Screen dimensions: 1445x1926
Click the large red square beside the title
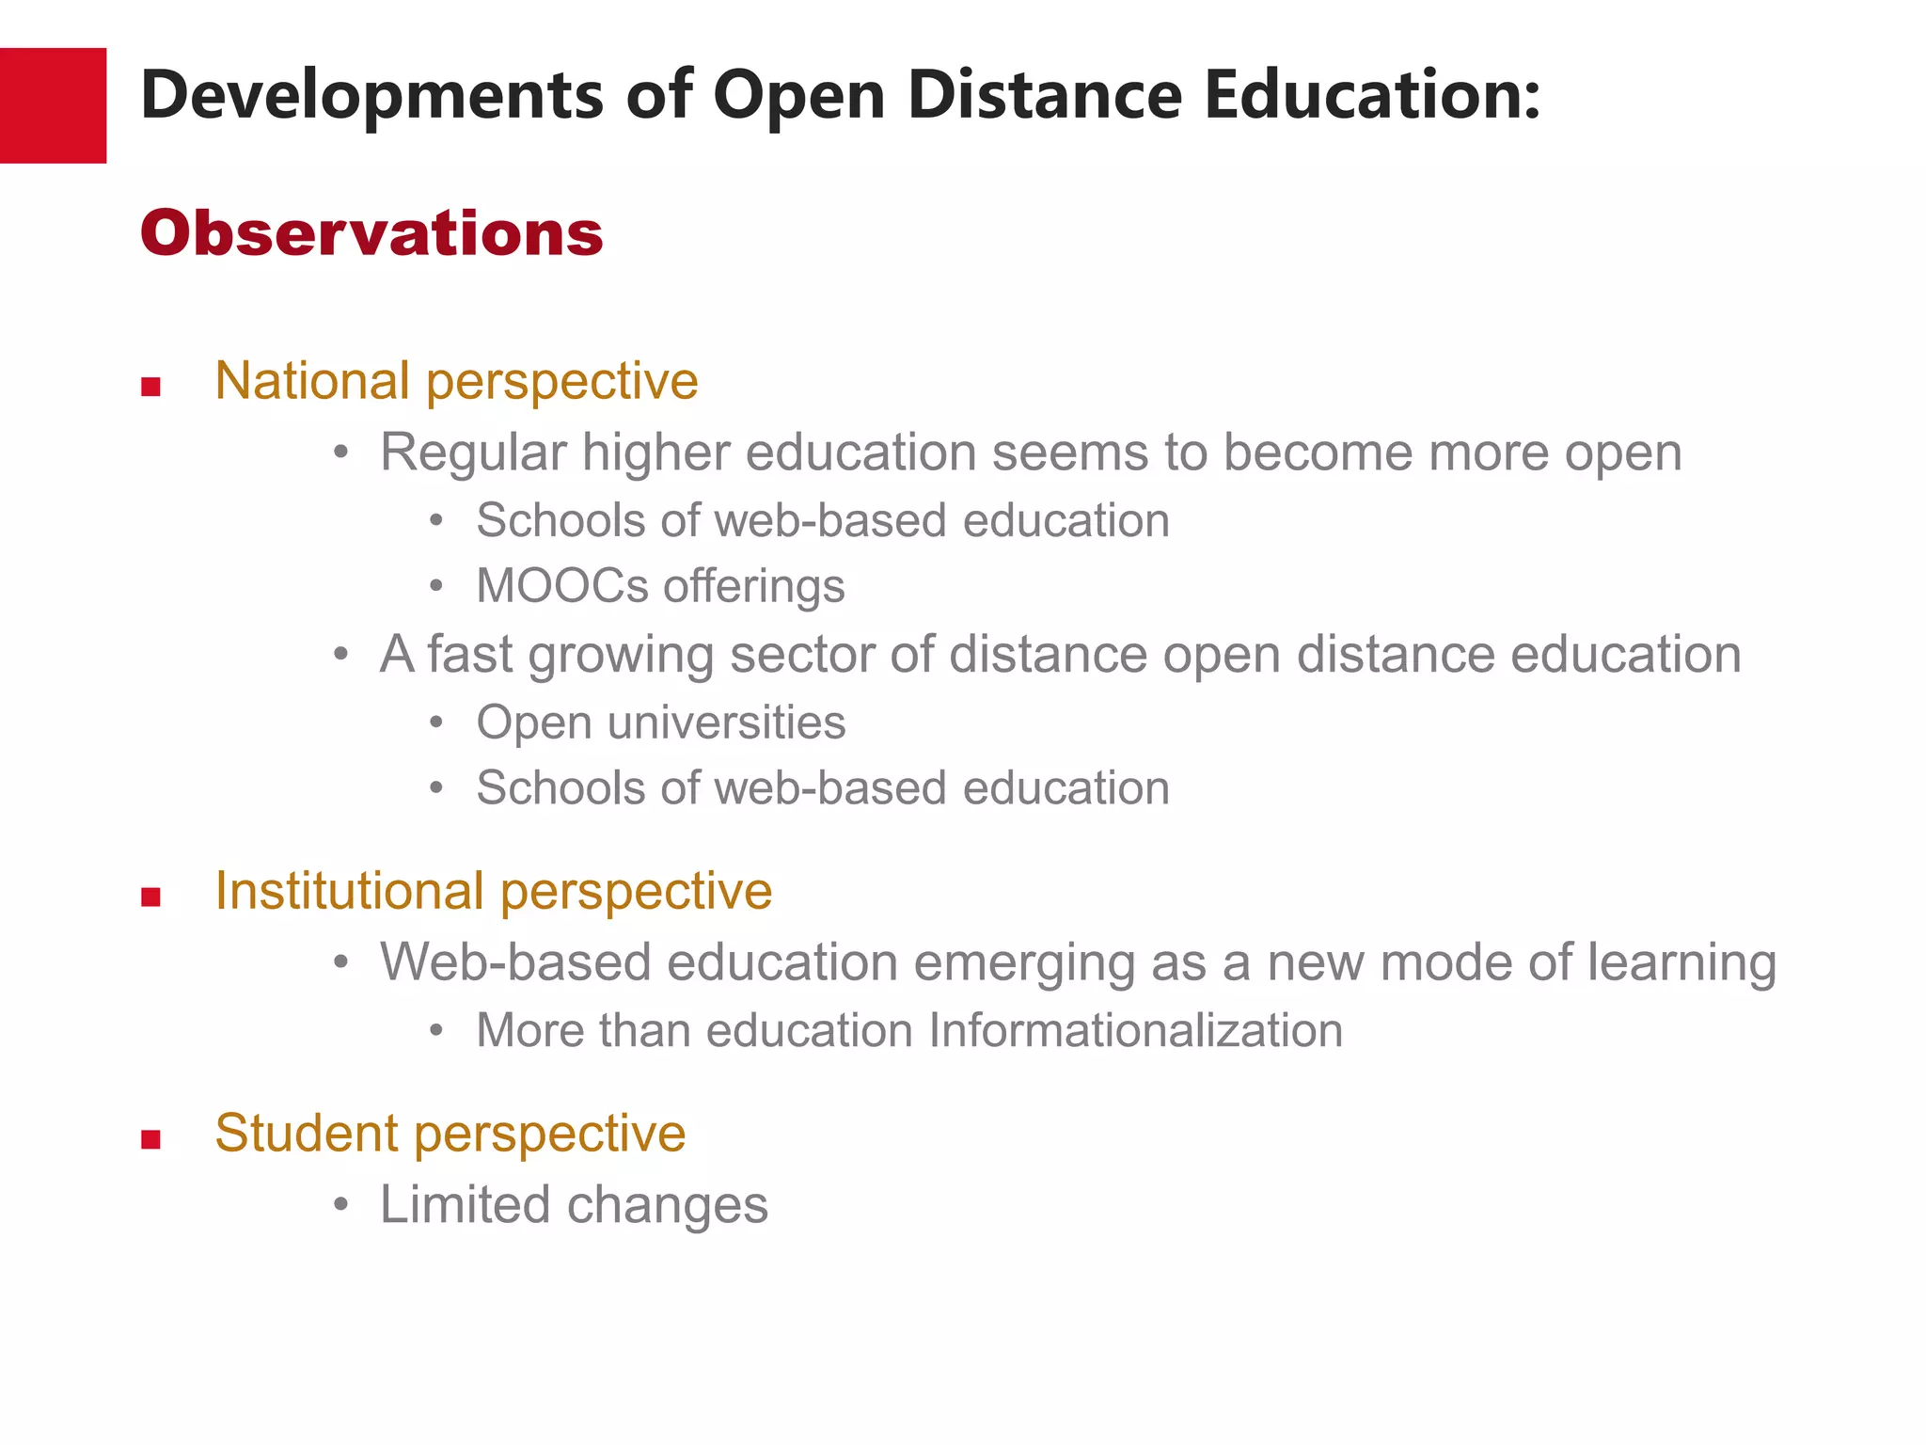tap(53, 105)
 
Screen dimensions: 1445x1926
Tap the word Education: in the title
tap(1373, 95)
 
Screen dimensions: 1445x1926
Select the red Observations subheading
tap(371, 233)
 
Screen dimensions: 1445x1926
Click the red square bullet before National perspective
tap(150, 387)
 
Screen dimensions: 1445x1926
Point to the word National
tap(312, 381)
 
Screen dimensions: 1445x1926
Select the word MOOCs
tap(561, 586)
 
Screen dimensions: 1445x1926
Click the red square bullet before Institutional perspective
tap(150, 897)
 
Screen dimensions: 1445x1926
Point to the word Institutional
tap(349, 891)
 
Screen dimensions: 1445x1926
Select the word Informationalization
tap(1135, 1030)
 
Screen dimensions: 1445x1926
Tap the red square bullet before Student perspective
tap(150, 1139)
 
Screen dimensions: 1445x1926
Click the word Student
tap(307, 1134)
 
